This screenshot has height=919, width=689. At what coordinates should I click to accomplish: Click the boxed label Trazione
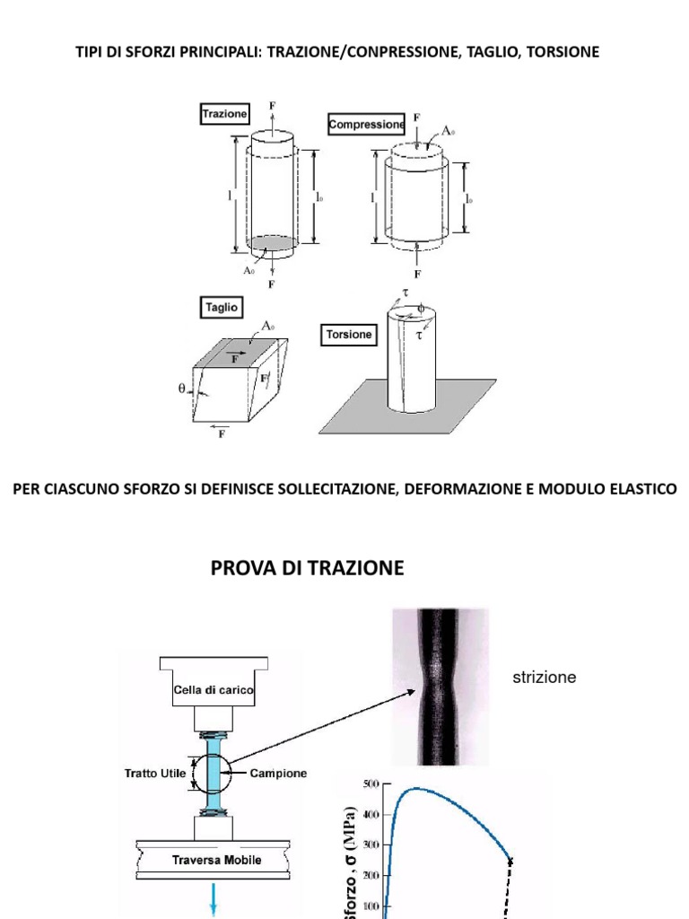coord(224,114)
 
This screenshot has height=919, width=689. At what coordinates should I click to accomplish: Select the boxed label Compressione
coord(367,126)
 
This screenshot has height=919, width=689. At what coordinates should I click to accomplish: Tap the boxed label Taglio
coord(221,307)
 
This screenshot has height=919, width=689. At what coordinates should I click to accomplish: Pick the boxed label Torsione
coord(349,334)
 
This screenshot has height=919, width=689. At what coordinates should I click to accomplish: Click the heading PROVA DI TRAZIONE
coord(307,568)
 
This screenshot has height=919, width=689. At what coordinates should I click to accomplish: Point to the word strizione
coord(544,678)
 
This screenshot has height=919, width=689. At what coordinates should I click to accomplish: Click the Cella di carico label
coord(214,690)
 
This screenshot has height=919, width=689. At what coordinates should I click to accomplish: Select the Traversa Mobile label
coord(216,860)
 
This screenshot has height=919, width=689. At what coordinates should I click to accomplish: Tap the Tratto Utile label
coord(154,773)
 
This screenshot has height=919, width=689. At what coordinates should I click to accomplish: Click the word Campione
coord(278,773)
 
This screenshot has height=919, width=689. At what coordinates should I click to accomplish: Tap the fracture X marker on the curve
coord(510,862)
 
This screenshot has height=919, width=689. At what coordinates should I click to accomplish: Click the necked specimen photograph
coord(440,686)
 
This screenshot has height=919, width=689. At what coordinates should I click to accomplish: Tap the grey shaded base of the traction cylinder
coord(272,243)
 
